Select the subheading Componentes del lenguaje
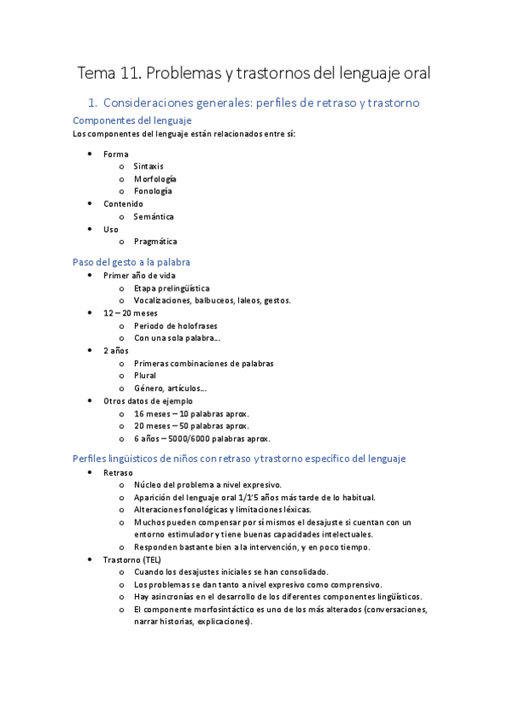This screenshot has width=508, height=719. (x=131, y=120)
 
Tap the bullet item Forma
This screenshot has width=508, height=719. (x=115, y=154)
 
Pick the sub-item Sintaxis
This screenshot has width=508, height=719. (x=148, y=166)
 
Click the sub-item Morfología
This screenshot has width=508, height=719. (x=155, y=179)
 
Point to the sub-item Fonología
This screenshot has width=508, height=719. (x=153, y=191)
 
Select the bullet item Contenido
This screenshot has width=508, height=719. (x=123, y=203)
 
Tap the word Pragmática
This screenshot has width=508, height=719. (x=155, y=242)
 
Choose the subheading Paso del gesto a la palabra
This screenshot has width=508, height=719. (x=131, y=262)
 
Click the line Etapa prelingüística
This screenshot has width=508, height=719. (x=171, y=288)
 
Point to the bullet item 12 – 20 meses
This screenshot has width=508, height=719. (x=130, y=313)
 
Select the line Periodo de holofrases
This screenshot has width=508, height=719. (x=175, y=326)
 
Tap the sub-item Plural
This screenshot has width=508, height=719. (x=145, y=376)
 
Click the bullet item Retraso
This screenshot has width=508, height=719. (x=118, y=472)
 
